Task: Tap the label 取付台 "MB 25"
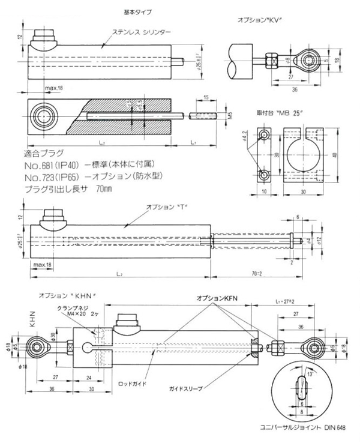click(276, 113)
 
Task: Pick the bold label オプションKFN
click(220, 298)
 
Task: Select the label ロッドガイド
click(131, 382)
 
